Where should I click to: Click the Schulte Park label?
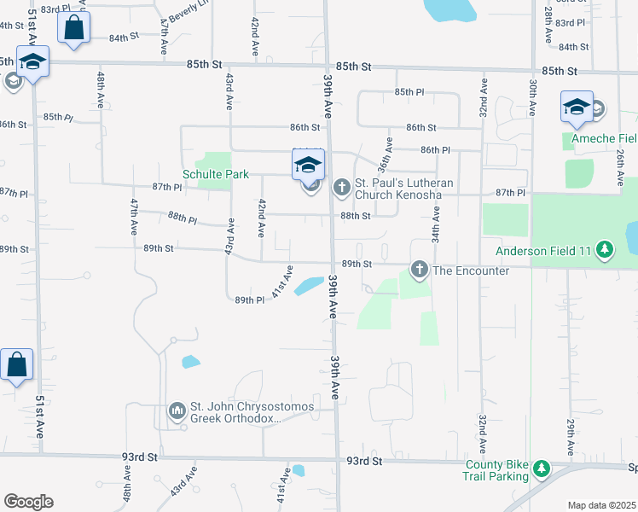[x=216, y=174]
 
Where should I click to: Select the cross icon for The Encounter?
[x=419, y=270]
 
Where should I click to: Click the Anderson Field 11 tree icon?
[x=605, y=250]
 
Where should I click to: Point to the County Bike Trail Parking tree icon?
[x=540, y=468]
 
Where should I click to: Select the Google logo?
[x=28, y=502]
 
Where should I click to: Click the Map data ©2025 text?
[x=601, y=505]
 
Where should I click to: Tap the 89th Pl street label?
[x=249, y=300]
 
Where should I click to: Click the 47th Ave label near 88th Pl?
[x=135, y=217]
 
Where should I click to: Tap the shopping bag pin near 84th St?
[x=74, y=27]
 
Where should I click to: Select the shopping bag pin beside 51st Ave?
[x=17, y=365]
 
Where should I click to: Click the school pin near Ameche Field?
[x=577, y=108]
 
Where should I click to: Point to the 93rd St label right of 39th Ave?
[x=362, y=461]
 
